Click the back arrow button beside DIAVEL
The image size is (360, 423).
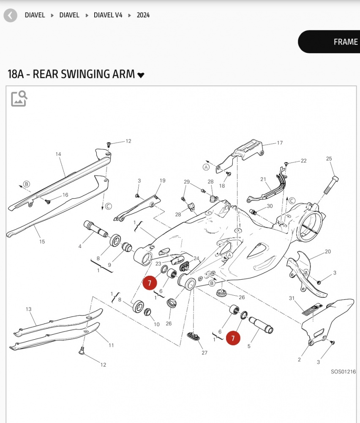[10, 16]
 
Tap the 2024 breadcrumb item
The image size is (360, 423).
[143, 15]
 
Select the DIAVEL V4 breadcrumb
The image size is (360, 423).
[108, 15]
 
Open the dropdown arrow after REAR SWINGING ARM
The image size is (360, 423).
[141, 75]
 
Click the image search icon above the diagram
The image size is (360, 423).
[19, 98]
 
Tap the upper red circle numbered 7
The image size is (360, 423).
[150, 283]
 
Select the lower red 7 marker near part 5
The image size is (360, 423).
[233, 338]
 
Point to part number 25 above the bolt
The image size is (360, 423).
[329, 159]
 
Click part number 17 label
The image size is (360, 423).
[280, 143]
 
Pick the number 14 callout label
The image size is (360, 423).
[58, 154]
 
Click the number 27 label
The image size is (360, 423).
[205, 353]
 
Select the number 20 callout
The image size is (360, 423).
[328, 252]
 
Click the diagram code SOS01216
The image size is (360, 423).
[343, 372]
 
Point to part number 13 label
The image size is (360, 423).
[28, 309]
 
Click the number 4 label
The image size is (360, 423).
[79, 246]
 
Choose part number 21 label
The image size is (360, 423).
[263, 179]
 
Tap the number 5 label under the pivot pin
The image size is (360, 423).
[249, 346]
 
